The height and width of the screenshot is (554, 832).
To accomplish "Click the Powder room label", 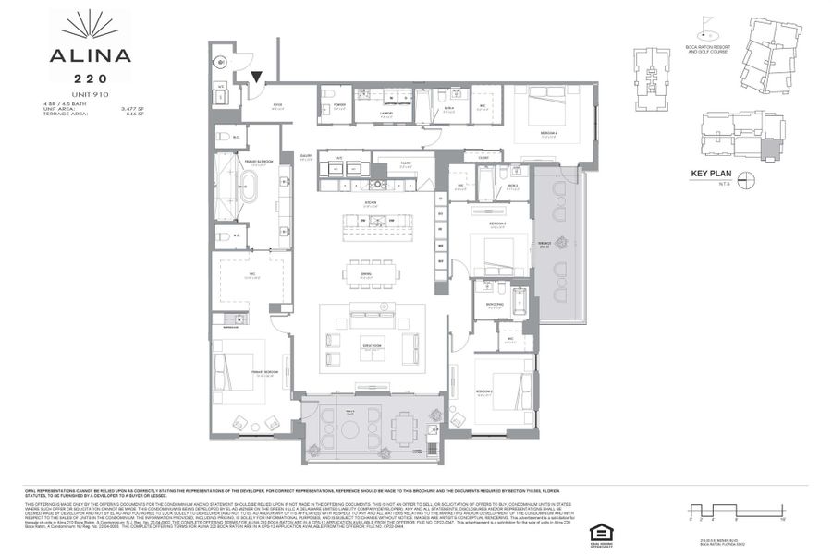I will [338, 105].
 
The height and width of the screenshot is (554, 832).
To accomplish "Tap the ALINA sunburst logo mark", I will [91, 24].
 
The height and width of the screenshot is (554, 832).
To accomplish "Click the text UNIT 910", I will [90, 95].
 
